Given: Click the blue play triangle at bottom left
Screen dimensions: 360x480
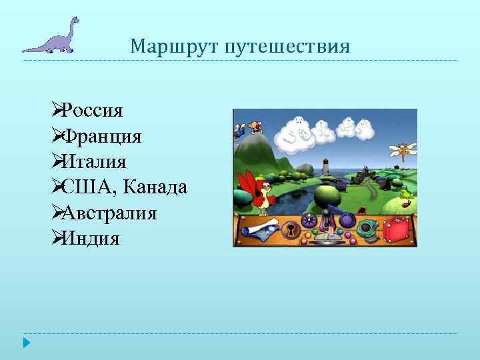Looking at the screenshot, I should coord(26,343).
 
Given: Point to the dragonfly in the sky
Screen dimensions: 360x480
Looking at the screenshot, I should coord(403,151).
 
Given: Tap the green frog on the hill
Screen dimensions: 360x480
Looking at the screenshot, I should coord(405,194).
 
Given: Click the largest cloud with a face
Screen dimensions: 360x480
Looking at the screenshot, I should coord(296,130).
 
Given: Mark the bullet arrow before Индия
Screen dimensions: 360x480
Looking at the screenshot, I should coord(56,239).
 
